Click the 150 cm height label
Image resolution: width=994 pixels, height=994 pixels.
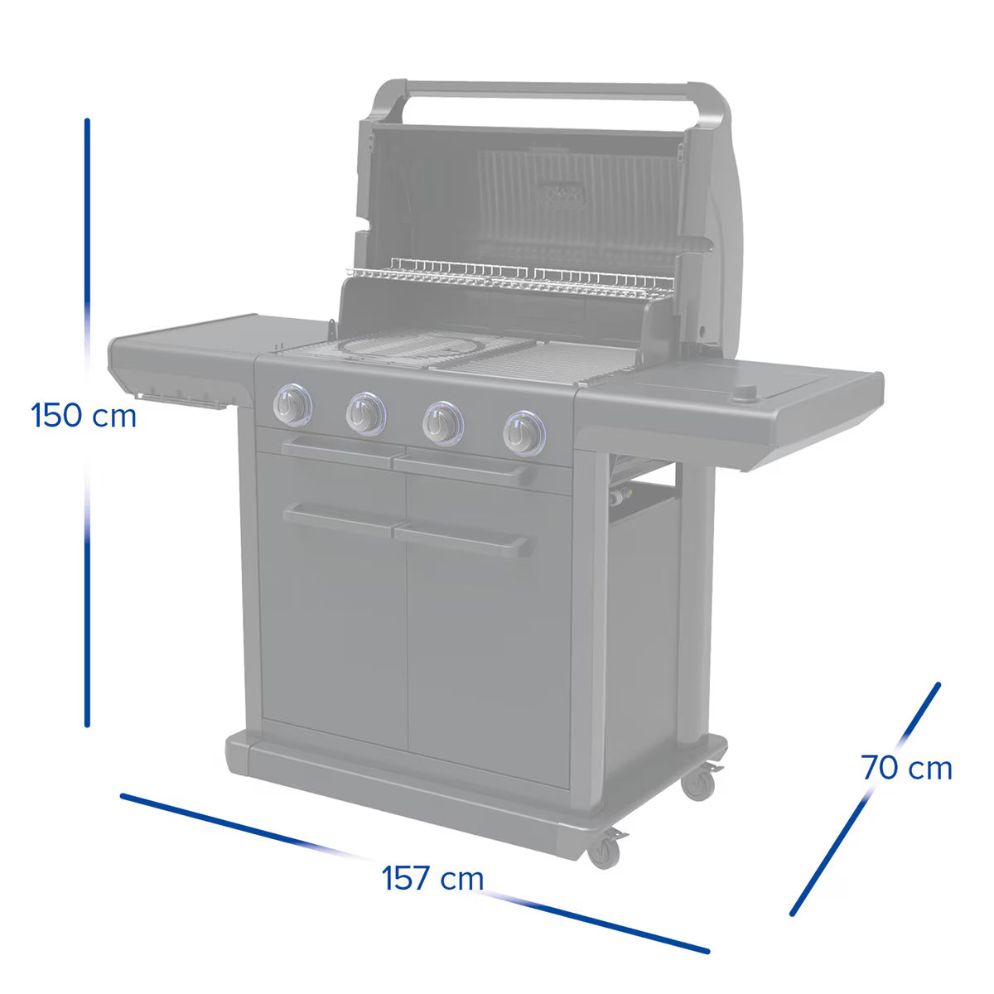(x=84, y=414)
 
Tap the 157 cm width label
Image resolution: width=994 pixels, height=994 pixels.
(x=432, y=877)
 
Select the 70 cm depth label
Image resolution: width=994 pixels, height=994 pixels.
(x=906, y=768)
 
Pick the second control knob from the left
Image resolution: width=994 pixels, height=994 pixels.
(x=365, y=412)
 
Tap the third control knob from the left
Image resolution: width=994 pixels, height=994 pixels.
(x=442, y=422)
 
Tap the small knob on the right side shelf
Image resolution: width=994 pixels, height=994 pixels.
(x=748, y=392)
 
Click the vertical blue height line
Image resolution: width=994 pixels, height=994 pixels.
(x=87, y=248)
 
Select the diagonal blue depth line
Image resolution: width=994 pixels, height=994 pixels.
(x=866, y=799)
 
